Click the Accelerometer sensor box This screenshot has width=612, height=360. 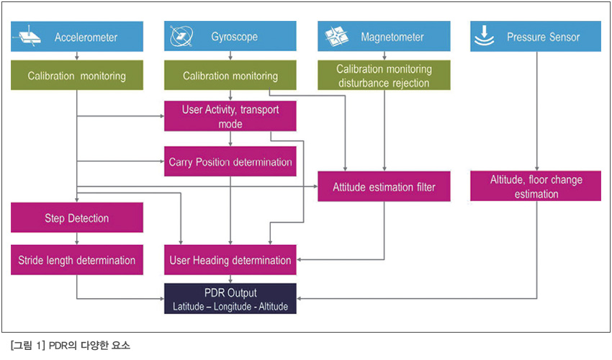point(77,36)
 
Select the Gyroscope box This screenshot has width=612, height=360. point(230,36)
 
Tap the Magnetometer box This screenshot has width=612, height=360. point(384,36)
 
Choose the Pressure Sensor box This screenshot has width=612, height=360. point(536,36)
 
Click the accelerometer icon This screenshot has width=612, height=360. point(27,37)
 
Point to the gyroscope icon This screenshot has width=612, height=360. point(181,36)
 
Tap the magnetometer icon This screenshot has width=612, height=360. point(336,36)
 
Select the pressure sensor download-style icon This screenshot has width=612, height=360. point(484,35)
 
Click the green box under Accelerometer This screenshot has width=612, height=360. point(77,75)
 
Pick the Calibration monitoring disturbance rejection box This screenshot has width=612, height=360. point(384,75)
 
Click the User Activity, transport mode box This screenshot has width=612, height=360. point(230,116)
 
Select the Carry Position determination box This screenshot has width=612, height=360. point(230,161)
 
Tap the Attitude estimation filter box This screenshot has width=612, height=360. point(384,186)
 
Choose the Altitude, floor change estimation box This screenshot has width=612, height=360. point(536,186)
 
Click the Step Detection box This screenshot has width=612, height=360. point(77,217)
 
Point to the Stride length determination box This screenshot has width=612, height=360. point(77,260)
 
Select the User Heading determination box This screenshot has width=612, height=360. point(230,260)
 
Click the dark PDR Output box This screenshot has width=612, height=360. point(230,299)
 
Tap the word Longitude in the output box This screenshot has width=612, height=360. point(233,307)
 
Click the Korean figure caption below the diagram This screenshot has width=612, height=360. point(71,346)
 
